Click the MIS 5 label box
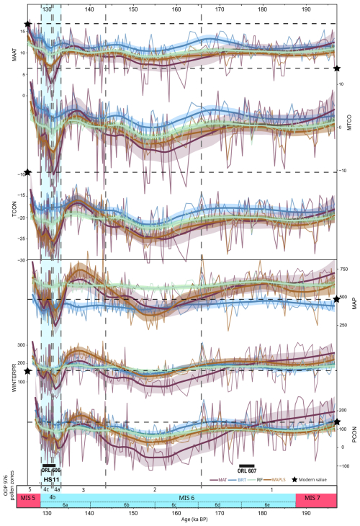28,498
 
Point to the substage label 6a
66,506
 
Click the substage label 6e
267,506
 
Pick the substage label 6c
175,506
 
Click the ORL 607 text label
246,473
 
